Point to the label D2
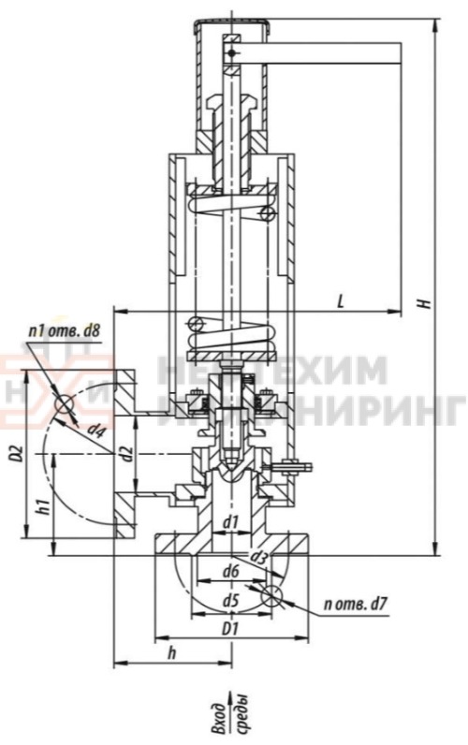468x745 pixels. [13, 456]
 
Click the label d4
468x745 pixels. [95, 429]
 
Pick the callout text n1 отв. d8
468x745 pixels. [64, 331]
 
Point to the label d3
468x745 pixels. [259, 558]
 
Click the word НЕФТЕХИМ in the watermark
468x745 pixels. [271, 370]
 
